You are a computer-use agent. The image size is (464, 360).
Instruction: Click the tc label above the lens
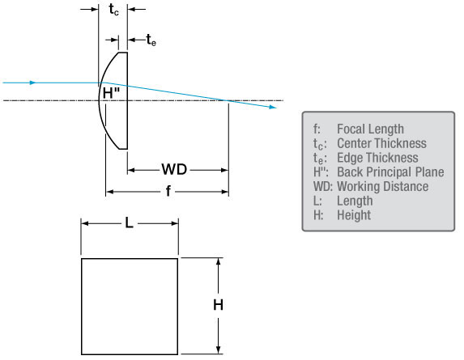113,10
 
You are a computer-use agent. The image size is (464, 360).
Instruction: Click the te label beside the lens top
151,40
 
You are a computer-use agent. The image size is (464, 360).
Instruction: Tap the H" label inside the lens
111,93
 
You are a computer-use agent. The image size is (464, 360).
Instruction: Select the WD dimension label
174,169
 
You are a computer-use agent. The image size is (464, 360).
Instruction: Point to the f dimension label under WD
168,191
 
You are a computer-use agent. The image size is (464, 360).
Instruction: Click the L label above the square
129,222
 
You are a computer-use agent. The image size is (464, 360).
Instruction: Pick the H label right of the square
219,305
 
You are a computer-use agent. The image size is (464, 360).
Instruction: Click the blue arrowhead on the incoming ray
33,83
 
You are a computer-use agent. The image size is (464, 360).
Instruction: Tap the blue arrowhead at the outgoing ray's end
273,107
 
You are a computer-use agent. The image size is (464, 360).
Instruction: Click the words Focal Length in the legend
370,129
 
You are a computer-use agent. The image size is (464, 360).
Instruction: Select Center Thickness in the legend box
381,143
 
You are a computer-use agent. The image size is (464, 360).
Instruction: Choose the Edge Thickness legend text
377,158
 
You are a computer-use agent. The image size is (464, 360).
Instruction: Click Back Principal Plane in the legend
390,172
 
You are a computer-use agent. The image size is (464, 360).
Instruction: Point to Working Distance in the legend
383,187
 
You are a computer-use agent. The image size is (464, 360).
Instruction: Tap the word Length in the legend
355,201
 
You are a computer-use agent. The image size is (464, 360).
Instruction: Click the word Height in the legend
354,215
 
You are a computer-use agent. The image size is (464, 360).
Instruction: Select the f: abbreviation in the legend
317,129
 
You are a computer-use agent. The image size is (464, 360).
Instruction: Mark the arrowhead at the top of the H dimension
219,261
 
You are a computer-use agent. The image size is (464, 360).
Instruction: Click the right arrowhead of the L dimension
175,223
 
